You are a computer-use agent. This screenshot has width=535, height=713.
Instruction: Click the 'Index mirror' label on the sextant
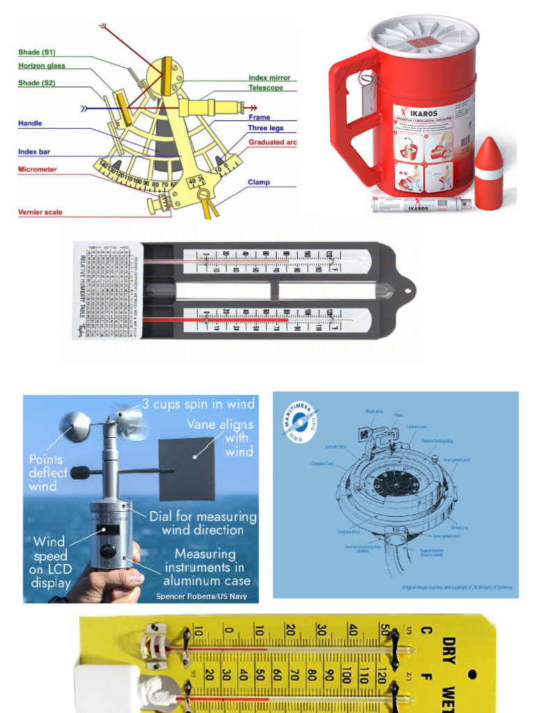click(269, 78)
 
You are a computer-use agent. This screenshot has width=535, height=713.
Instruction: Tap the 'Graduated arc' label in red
click(277, 142)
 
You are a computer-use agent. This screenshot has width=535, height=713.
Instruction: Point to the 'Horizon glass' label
click(41, 65)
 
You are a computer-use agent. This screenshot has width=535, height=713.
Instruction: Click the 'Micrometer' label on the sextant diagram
click(37, 169)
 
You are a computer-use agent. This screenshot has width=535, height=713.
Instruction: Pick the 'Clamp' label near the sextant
click(258, 182)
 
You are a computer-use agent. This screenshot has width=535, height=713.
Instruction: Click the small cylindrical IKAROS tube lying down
click(420, 204)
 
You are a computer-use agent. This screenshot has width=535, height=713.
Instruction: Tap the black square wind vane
click(186, 469)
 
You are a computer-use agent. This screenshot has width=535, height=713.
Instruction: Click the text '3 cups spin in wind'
click(198, 403)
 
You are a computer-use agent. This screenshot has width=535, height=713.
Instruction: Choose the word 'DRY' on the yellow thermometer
click(449, 651)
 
